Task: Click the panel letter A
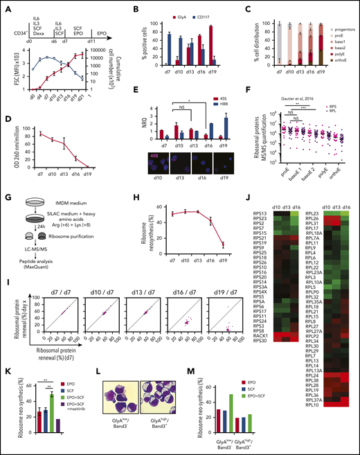pos(6,6)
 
